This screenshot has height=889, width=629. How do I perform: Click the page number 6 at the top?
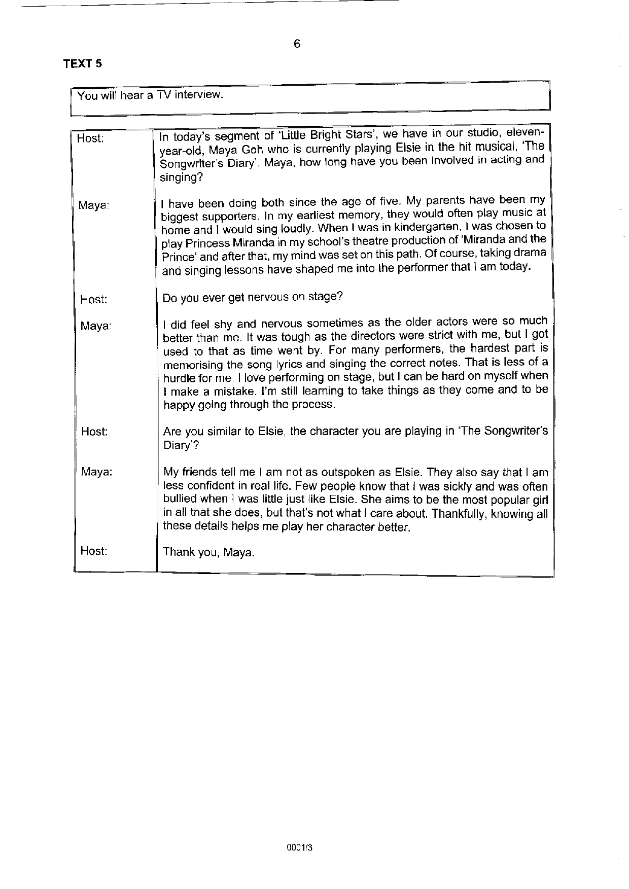(297, 44)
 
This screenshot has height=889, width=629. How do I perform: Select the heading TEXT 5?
(83, 64)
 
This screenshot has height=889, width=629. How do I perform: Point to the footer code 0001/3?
(299, 846)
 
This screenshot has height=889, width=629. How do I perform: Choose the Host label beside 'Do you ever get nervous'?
(94, 299)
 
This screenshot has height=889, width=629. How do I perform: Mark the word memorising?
(191, 365)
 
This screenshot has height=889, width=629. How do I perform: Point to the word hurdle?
(178, 378)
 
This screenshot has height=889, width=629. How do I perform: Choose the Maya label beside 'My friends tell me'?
(97, 472)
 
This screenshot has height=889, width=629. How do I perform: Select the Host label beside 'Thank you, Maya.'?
(94, 551)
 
